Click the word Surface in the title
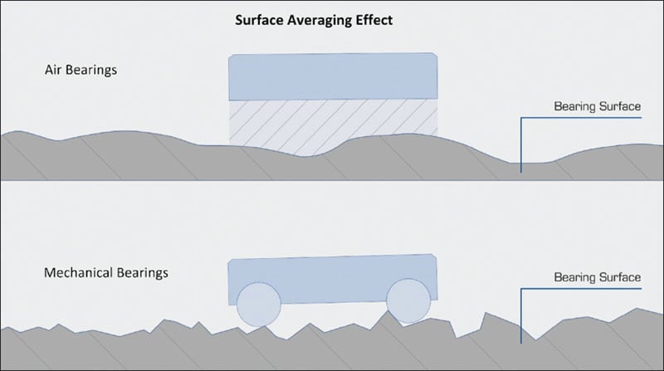261,20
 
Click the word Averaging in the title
323,20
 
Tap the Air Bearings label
81,70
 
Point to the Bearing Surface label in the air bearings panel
597,107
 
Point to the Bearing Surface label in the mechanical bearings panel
597,277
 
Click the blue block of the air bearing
334,77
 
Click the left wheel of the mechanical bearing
258,304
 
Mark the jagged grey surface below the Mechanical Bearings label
83,344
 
